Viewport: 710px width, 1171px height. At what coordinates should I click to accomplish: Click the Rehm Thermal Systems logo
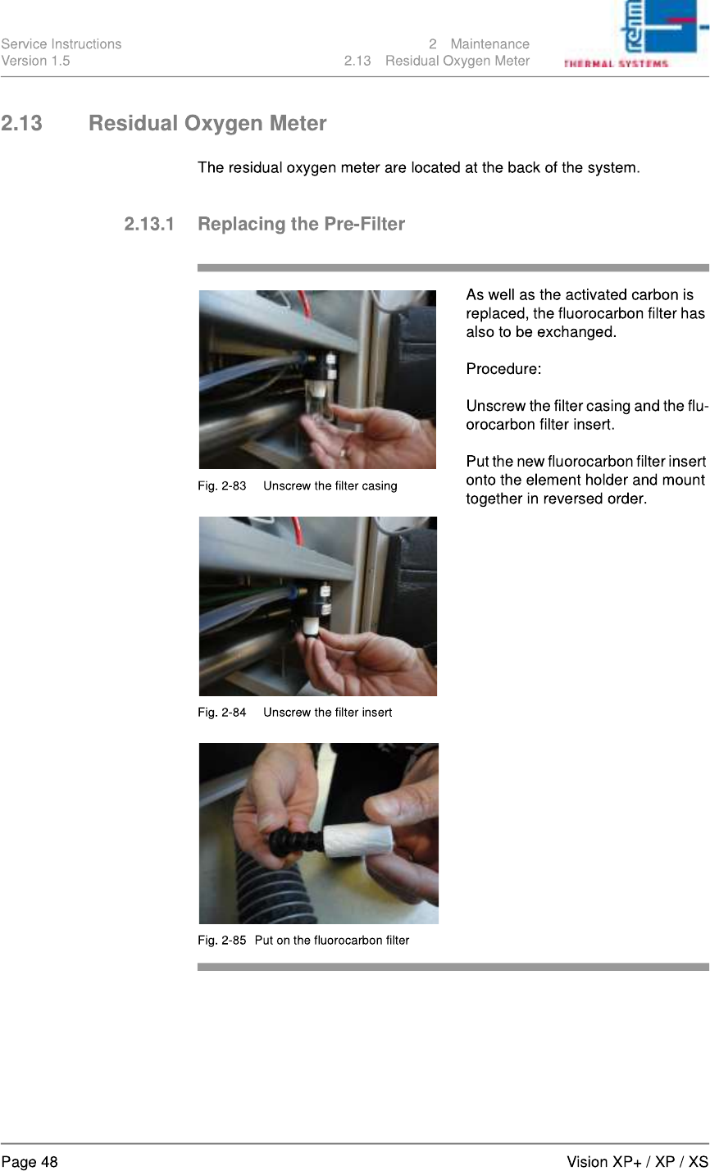coord(635,34)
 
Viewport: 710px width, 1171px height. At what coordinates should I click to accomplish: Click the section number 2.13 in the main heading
coord(21,123)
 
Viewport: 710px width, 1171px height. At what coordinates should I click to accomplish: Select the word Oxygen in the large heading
coord(223,124)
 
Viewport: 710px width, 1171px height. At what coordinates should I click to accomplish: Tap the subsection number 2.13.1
coord(149,224)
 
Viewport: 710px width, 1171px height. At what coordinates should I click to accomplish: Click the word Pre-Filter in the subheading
coord(364,224)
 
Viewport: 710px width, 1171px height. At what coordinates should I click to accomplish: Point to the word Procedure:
coord(503,369)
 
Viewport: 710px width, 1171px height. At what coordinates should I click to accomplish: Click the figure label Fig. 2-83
coord(221,485)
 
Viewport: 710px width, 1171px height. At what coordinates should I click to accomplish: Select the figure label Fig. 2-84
coord(221,712)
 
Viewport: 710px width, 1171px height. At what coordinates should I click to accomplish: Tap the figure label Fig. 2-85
coord(221,940)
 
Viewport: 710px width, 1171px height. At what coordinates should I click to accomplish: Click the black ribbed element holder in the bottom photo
coord(295,840)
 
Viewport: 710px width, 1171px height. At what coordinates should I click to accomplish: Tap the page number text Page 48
coord(30,1162)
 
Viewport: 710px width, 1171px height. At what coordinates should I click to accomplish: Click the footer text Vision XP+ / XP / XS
coord(637,1162)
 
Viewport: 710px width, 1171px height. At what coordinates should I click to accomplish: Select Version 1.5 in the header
coord(35,62)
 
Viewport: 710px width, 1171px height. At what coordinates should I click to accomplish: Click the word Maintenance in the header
coord(490,44)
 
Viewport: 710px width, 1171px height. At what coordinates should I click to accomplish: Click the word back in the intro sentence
coord(524,168)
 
